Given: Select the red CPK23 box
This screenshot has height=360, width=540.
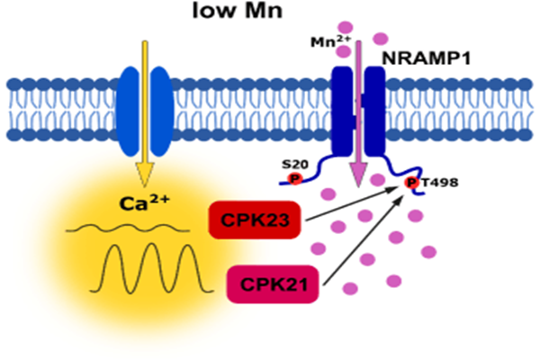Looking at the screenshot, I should coord(256,220).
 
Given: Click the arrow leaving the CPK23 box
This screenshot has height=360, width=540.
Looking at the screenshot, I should coord(351,202).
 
